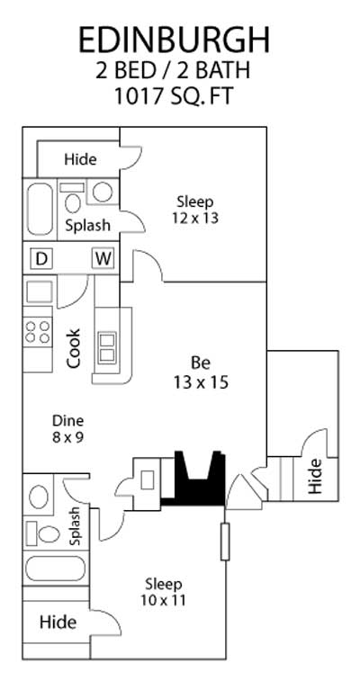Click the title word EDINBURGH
pyautogui.click(x=174, y=40)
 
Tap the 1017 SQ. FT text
pyautogui.click(x=174, y=95)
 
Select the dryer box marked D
pyautogui.click(x=41, y=259)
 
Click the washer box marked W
pyautogui.click(x=103, y=259)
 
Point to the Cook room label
pyautogui.click(x=74, y=348)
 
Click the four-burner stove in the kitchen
pyautogui.click(x=37, y=331)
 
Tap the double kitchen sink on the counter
pyautogui.click(x=107, y=348)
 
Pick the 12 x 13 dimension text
pyautogui.click(x=195, y=218)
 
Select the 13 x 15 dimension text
pyautogui.click(x=201, y=382)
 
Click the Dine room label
pyautogui.click(x=67, y=420)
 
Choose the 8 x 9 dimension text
pyautogui.click(x=67, y=437)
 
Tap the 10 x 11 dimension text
pyautogui.click(x=163, y=600)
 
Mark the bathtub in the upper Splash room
pyautogui.click(x=40, y=210)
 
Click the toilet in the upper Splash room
pyautogui.click(x=72, y=198)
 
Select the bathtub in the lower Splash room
pyautogui.click(x=55, y=569)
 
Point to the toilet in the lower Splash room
pyautogui.click(x=43, y=533)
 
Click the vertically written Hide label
pyautogui.click(x=315, y=477)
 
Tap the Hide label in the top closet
pyautogui.click(x=80, y=159)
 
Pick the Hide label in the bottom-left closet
pyautogui.click(x=58, y=623)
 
